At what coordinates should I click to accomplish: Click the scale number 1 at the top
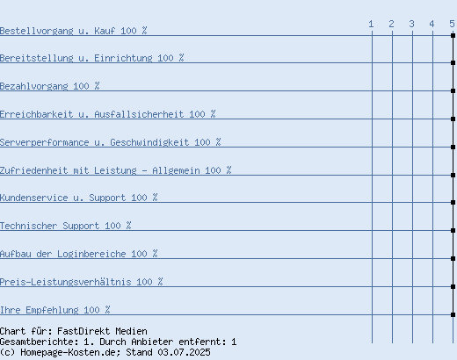pyautogui.click(x=371, y=24)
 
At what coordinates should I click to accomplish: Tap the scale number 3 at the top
pyautogui.click(x=411, y=24)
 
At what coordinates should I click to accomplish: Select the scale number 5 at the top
pyautogui.click(x=452, y=24)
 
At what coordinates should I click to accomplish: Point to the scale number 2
pyautogui.click(x=391, y=24)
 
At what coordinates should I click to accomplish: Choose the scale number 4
pyautogui.click(x=432, y=24)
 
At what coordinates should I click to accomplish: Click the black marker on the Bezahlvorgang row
pyautogui.click(x=453, y=90)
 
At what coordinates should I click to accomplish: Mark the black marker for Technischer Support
pyautogui.click(x=453, y=230)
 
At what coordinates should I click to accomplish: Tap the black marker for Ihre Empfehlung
pyautogui.click(x=453, y=314)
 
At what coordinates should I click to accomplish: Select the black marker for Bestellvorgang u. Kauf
pyautogui.click(x=453, y=35)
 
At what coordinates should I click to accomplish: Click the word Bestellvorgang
pyautogui.click(x=36, y=31)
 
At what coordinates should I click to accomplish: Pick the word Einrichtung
pyautogui.click(x=123, y=58)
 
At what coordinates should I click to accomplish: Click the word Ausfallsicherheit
pyautogui.click(x=139, y=114)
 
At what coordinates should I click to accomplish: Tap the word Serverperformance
pyautogui.click(x=44, y=142)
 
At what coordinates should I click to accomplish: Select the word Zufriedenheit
pyautogui.click(x=33, y=170)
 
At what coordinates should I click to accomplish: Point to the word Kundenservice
pyautogui.click(x=33, y=198)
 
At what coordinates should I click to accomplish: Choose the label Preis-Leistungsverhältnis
pyautogui.click(x=65, y=282)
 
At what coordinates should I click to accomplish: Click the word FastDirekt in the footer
pyautogui.click(x=83, y=331)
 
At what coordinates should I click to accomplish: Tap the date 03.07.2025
pyautogui.click(x=184, y=352)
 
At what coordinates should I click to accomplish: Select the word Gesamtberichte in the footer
pyautogui.click(x=39, y=342)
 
